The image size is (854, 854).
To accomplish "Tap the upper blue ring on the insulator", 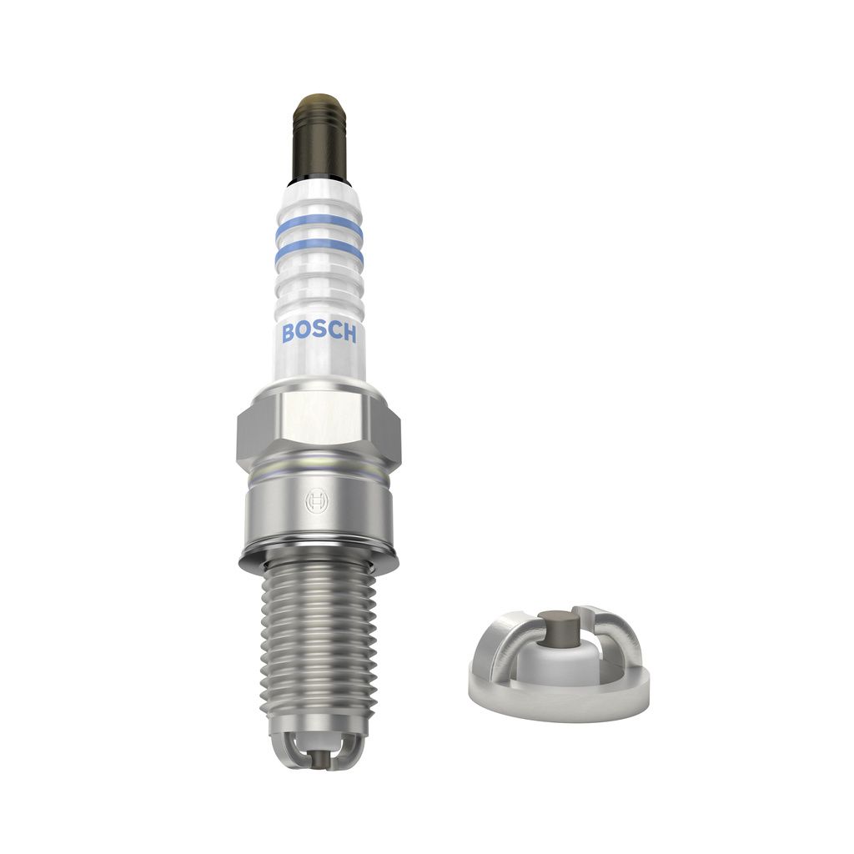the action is coord(319,225).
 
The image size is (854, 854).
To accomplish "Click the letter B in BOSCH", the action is coord(288,333).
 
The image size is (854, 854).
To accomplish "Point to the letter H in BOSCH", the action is coord(349,334).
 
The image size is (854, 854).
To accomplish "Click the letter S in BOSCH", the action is coord(319,331).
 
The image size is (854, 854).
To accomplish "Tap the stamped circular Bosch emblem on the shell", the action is coord(317,500).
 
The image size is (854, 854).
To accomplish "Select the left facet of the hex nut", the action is coord(259,431).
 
